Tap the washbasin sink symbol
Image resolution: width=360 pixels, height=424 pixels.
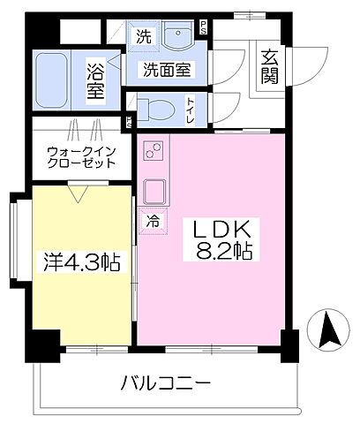(182, 38)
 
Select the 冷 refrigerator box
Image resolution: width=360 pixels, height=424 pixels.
(153, 221)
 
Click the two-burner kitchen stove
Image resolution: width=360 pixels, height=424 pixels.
(152, 155)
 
